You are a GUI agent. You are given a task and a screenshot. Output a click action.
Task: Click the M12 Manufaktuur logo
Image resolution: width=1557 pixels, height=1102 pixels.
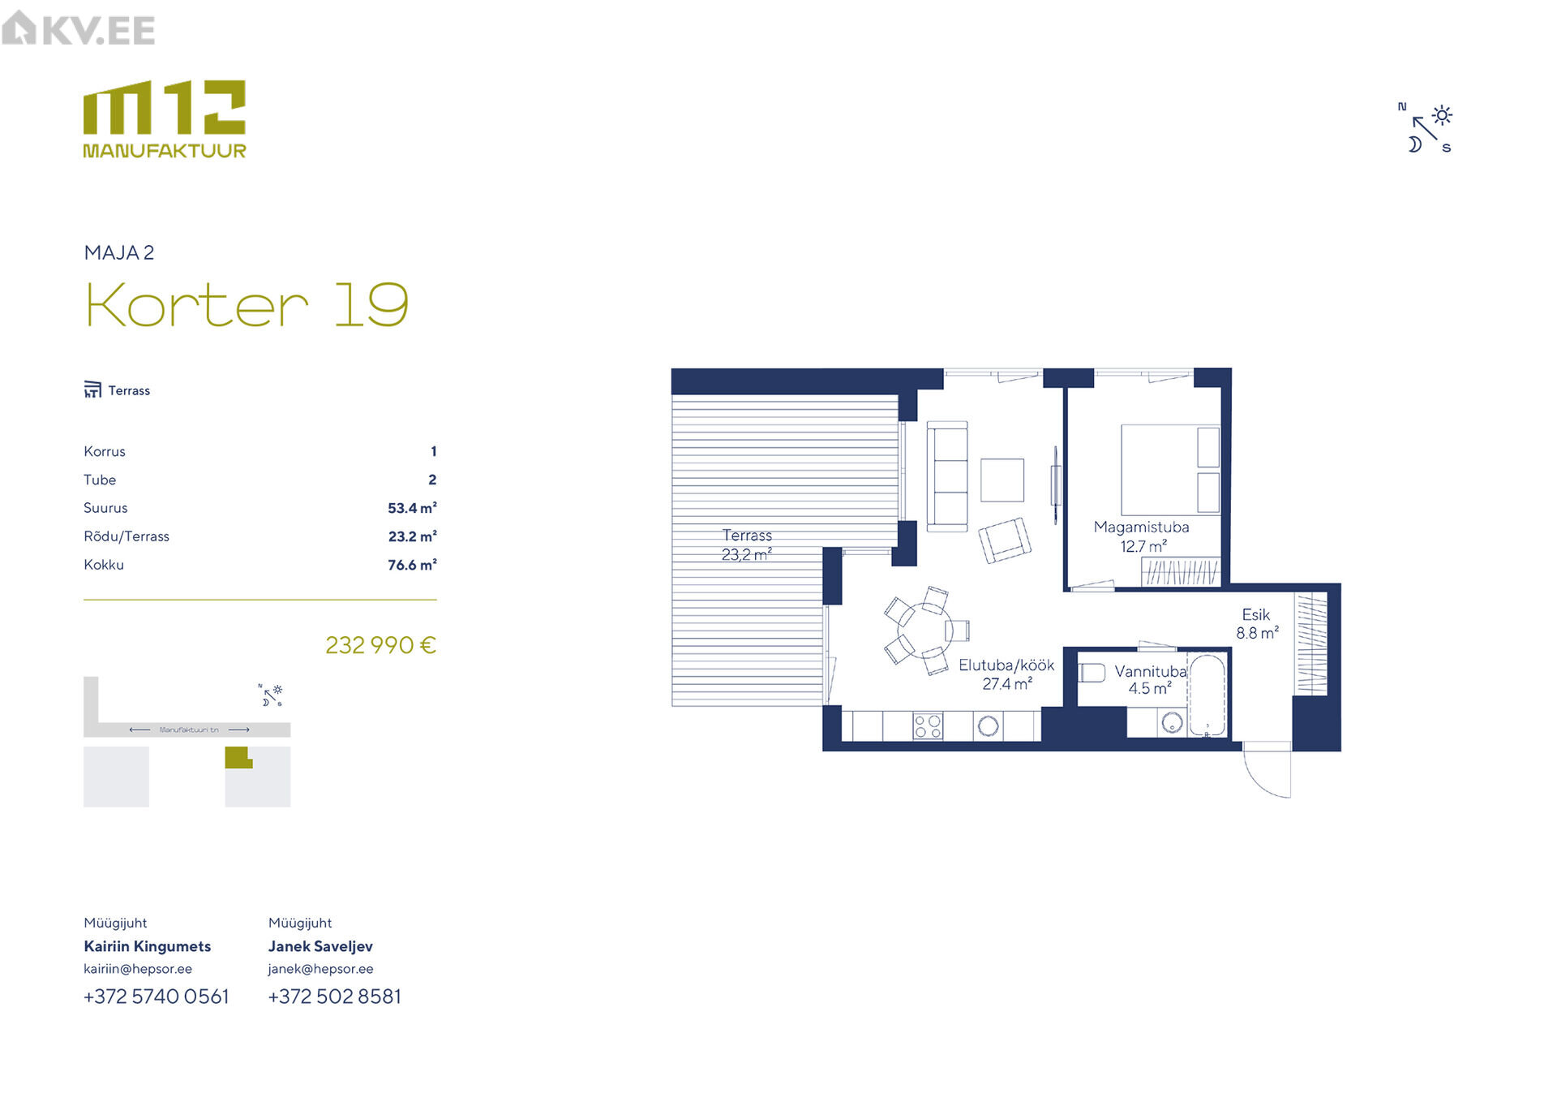(x=165, y=118)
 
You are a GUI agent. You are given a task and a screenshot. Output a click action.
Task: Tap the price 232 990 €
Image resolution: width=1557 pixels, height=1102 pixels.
(x=380, y=645)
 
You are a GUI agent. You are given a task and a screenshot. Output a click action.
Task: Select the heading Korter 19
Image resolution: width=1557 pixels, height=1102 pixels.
(x=247, y=305)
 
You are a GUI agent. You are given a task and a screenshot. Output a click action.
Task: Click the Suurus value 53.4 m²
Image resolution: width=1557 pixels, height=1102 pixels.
(x=412, y=508)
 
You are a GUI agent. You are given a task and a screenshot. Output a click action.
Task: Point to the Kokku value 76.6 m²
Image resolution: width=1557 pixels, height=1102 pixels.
(x=412, y=565)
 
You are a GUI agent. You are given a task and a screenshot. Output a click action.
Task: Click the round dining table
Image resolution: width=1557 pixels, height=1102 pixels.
(x=924, y=630)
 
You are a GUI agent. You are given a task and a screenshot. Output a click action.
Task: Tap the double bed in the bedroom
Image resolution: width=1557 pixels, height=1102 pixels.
(x=1170, y=470)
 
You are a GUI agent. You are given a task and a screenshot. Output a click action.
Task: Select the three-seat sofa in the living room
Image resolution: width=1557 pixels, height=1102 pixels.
(x=947, y=476)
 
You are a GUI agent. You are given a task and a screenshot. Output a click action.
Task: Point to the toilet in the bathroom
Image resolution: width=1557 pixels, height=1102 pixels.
(x=1092, y=673)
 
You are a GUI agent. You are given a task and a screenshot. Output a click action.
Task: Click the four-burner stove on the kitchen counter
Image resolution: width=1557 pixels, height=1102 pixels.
(x=929, y=725)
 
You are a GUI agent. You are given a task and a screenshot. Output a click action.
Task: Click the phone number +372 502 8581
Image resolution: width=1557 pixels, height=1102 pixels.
(x=335, y=997)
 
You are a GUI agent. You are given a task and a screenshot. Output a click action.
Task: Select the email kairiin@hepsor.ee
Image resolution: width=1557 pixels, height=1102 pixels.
(x=138, y=969)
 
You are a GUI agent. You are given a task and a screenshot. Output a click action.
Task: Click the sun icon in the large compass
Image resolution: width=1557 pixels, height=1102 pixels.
(x=1442, y=115)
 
